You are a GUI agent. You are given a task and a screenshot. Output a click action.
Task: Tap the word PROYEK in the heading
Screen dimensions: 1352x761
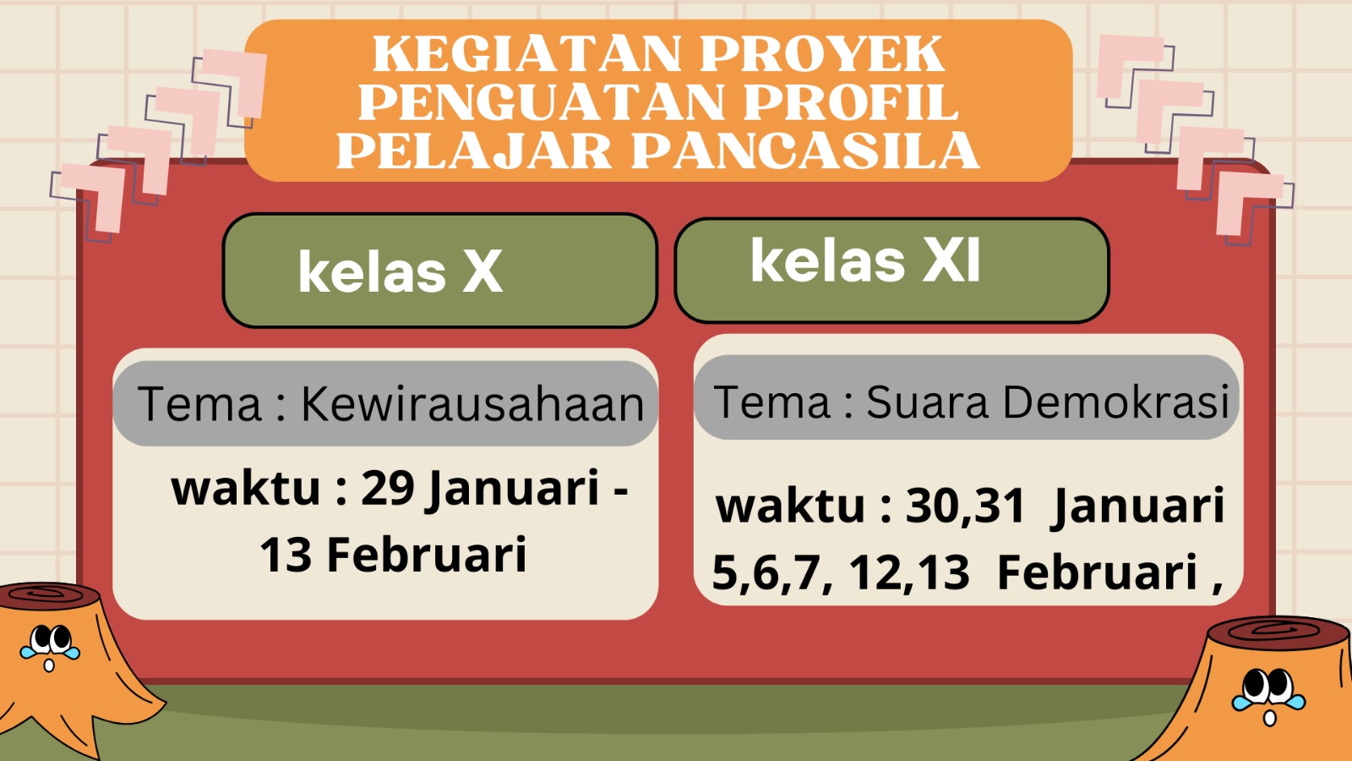tap(822, 54)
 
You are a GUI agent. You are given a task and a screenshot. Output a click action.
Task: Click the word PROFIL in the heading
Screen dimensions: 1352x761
tap(851, 102)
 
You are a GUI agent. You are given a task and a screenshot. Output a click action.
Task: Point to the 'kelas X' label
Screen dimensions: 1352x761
tap(401, 272)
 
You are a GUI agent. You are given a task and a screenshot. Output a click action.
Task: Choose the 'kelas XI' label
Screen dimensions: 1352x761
tap(865, 260)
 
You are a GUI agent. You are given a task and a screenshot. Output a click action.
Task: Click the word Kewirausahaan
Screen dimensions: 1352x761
tap(472, 403)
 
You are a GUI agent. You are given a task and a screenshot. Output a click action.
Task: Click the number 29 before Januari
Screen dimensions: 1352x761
tap(388, 488)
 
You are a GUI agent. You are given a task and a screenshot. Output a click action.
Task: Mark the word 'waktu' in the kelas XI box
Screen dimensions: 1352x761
tap(791, 506)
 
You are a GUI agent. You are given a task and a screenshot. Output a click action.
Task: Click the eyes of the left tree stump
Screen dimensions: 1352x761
tap(51, 638)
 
